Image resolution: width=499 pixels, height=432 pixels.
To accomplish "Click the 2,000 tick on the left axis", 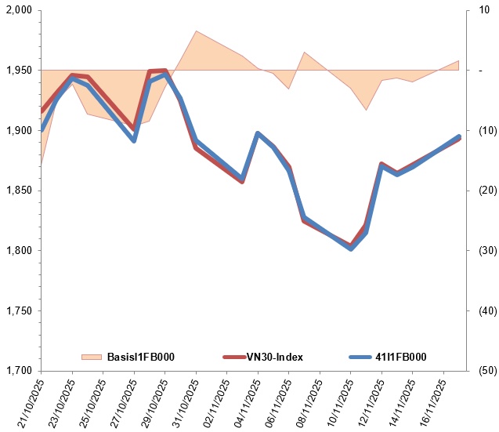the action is [19, 10].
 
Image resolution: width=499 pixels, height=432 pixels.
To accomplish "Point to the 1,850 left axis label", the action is [19, 191].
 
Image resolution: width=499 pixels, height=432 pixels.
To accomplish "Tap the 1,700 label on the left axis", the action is [19, 371].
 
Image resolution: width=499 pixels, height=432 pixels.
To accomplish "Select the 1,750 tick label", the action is [19, 310].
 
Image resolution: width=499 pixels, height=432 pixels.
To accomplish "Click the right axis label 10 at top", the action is [484, 10].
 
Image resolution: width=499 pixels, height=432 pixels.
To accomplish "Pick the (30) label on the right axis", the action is [488, 250].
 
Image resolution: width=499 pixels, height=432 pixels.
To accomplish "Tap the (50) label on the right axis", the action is [488, 371].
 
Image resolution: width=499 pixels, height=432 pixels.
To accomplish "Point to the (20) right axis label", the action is [488, 191].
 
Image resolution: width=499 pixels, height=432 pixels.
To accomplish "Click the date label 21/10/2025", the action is [31, 404].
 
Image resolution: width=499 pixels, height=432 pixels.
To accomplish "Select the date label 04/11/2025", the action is [248, 404].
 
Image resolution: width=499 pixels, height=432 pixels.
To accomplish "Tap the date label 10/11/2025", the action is [341, 404].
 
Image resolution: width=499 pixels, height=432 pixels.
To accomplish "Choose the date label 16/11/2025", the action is [433, 404].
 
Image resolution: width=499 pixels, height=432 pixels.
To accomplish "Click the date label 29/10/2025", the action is [154, 404].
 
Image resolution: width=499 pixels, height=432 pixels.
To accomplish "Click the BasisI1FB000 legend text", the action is [141, 357].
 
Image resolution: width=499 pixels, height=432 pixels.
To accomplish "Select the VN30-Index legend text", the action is [275, 357].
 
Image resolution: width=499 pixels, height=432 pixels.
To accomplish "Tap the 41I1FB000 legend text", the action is [400, 357].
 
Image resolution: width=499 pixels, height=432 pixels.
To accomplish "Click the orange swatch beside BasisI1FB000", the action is [92, 358].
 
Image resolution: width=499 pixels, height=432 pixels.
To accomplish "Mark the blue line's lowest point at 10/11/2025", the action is [351, 249].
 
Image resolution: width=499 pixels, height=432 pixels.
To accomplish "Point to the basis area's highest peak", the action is [196, 31].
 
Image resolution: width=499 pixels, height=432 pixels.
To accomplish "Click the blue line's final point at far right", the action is [459, 136].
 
